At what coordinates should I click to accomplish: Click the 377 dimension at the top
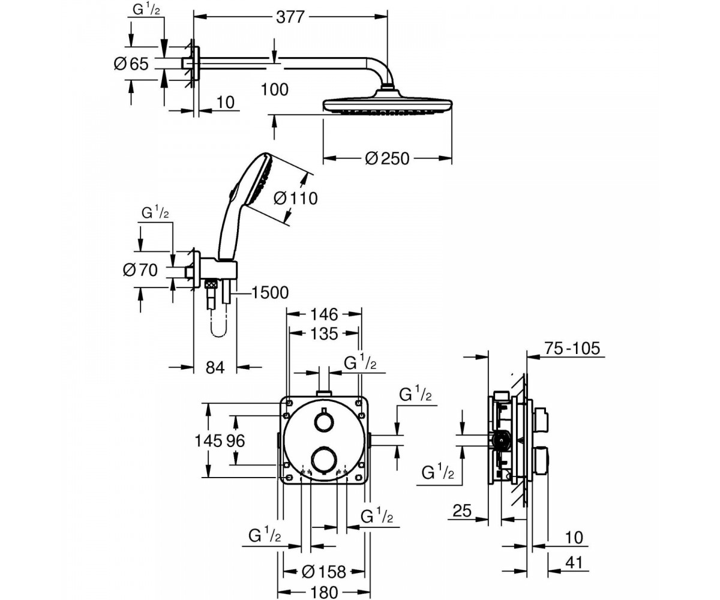[290, 17]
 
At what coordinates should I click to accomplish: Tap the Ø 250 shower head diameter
[387, 158]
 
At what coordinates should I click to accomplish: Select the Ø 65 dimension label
[131, 64]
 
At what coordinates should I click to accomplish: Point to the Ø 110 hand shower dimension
[296, 199]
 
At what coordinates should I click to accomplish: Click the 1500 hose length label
[270, 293]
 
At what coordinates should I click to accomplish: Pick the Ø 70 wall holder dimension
[140, 270]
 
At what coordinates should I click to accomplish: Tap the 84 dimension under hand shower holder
[215, 368]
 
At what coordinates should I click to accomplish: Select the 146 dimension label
[324, 314]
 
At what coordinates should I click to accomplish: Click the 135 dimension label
[324, 334]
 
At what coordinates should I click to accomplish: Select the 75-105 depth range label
[572, 348]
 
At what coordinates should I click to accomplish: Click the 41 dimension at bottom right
[574, 562]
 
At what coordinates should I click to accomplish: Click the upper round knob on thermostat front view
[323, 422]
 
